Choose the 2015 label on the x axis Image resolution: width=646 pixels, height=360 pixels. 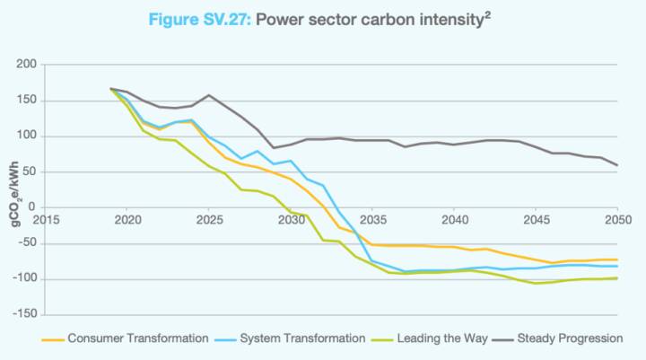tap(46, 220)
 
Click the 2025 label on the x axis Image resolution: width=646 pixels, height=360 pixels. tap(209, 220)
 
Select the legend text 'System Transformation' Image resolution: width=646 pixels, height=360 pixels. tap(302, 338)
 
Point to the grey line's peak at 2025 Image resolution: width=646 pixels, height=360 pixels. tap(209, 95)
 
